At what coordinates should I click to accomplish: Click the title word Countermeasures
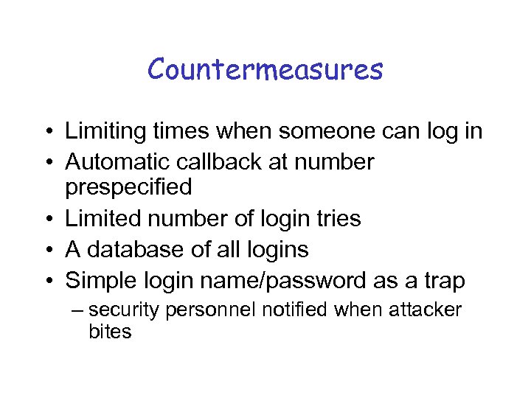tap(265, 69)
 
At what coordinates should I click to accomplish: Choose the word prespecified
tap(128, 187)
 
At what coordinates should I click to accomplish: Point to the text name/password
tap(288, 280)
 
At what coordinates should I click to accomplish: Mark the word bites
tap(110, 332)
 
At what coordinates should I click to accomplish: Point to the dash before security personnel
tap(80, 310)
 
